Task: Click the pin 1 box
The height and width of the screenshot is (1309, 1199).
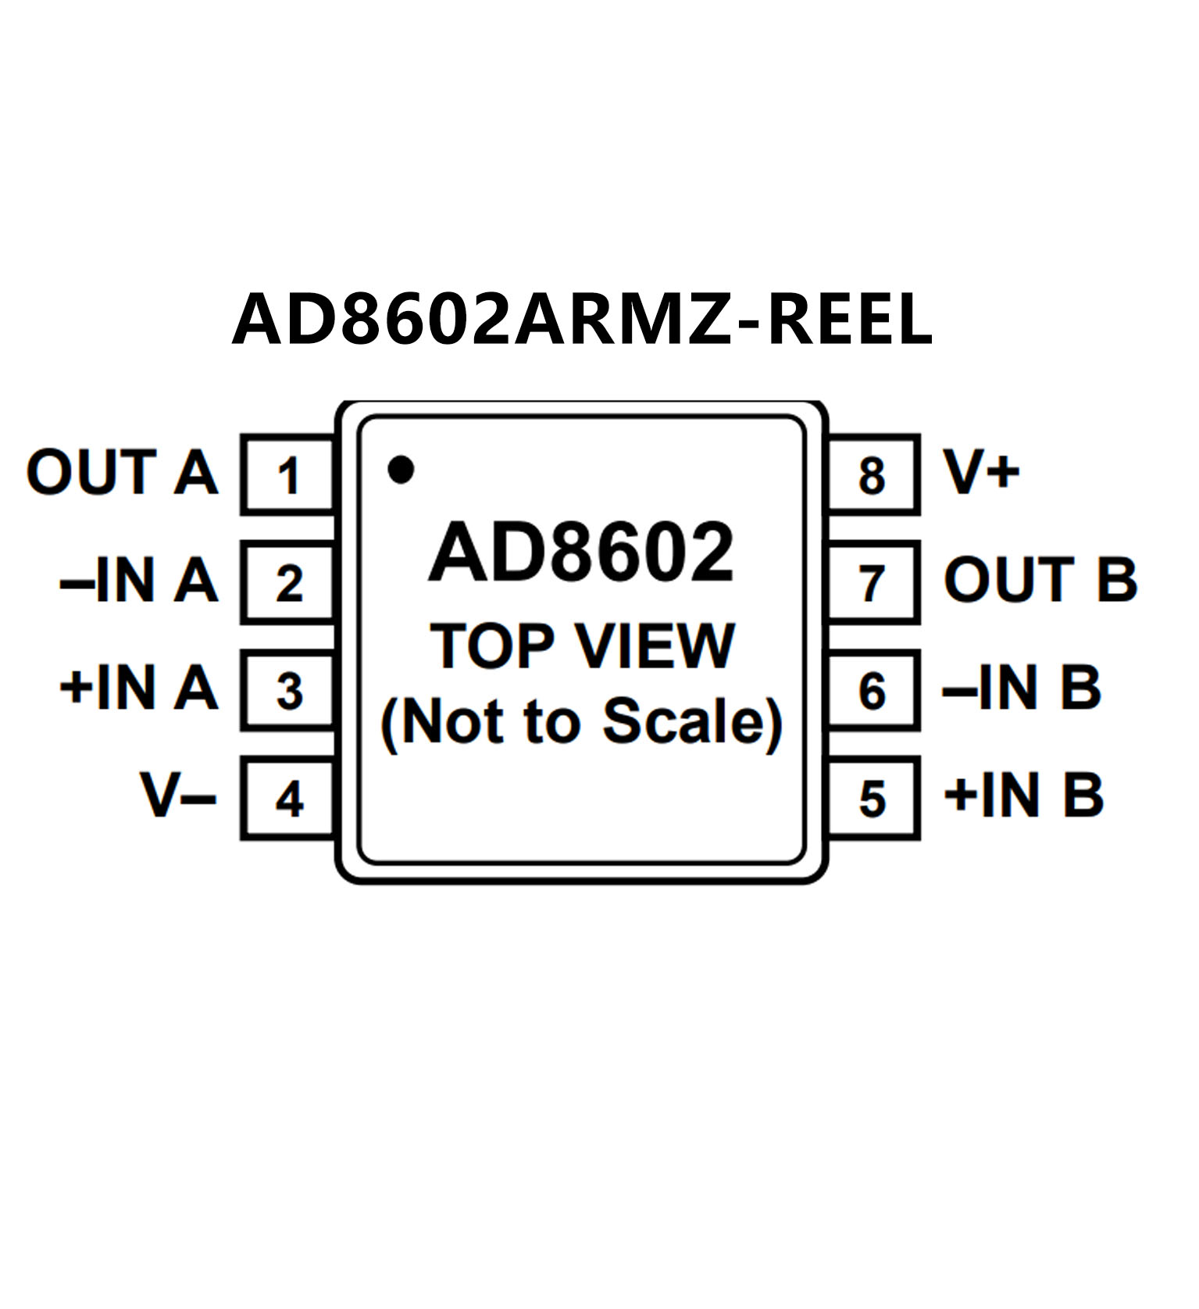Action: tap(288, 474)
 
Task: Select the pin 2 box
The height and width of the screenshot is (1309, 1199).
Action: tap(288, 582)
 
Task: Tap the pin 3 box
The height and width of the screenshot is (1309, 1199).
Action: tap(288, 690)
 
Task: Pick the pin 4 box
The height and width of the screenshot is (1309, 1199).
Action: tap(288, 798)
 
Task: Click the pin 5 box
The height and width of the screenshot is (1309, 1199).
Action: tap(872, 798)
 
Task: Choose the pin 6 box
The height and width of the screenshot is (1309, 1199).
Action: tap(872, 690)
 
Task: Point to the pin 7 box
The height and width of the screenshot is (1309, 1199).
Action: tap(872, 582)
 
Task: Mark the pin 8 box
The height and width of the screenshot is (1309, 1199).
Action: tap(872, 474)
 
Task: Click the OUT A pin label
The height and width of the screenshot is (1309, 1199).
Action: tap(122, 472)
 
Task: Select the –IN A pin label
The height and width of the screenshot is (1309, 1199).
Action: tap(139, 580)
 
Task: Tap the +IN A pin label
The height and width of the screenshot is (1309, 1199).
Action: tap(139, 688)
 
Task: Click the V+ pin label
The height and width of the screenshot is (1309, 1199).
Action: tap(982, 472)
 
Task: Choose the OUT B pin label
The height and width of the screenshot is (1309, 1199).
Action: tap(1040, 580)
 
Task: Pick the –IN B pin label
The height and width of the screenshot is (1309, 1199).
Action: tap(1022, 688)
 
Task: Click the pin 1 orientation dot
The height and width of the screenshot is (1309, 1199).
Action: tap(401, 469)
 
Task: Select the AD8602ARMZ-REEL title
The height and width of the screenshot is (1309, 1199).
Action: tap(582, 319)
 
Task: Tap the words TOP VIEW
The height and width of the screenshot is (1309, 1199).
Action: tap(582, 646)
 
